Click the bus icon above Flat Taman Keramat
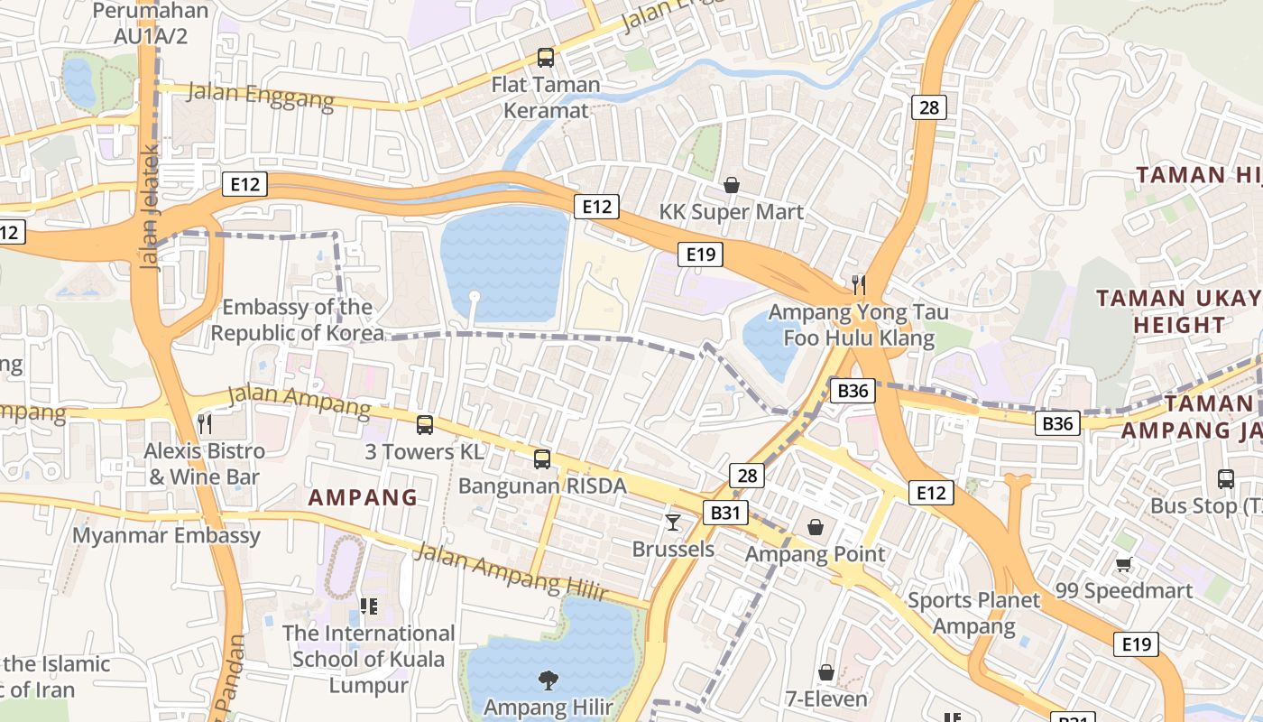pyautogui.click(x=545, y=58)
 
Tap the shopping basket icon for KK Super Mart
pyautogui.click(x=732, y=185)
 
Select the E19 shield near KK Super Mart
pyautogui.click(x=700, y=255)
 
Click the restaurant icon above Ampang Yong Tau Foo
pyautogui.click(x=858, y=285)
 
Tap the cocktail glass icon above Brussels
pyautogui.click(x=673, y=522)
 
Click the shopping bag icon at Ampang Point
pyautogui.click(x=816, y=526)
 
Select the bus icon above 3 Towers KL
pyautogui.click(x=424, y=424)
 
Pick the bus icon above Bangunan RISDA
pyautogui.click(x=541, y=458)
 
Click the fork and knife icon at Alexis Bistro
pyautogui.click(x=205, y=423)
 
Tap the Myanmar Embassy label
pyautogui.click(x=166, y=535)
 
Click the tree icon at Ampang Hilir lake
pyautogui.click(x=548, y=680)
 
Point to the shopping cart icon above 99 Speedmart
pyautogui.click(x=1123, y=564)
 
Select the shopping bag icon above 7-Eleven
pyautogui.click(x=825, y=672)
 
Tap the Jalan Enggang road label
pyautogui.click(x=260, y=95)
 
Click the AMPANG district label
pyautogui.click(x=363, y=497)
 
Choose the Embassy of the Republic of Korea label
pyautogui.click(x=297, y=320)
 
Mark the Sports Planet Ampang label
pyautogui.click(x=973, y=613)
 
